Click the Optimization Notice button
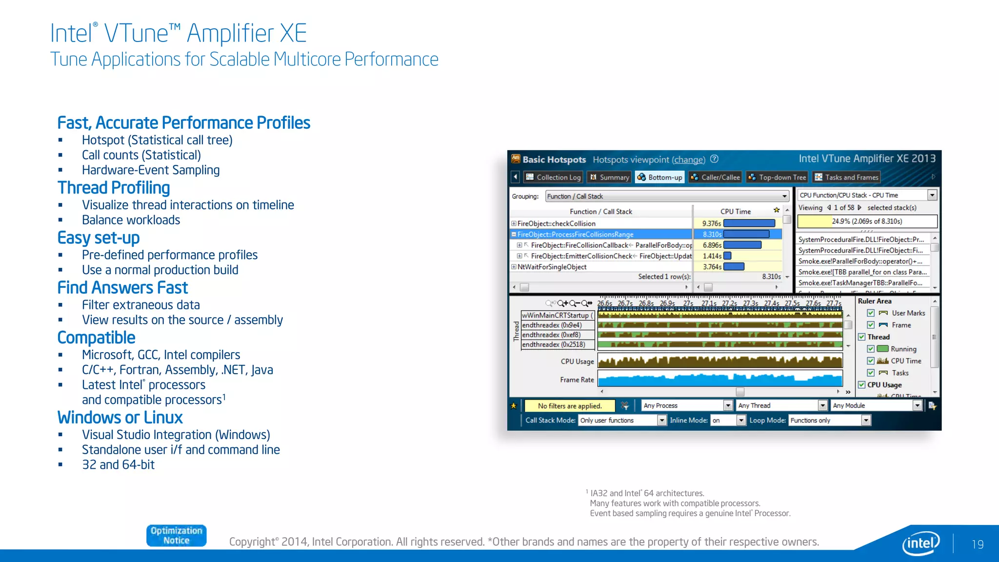click(x=176, y=536)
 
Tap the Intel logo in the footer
click(x=920, y=543)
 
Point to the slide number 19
click(x=977, y=544)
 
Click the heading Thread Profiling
click(x=114, y=188)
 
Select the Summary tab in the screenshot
click(x=609, y=177)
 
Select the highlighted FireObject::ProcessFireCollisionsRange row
click(x=575, y=234)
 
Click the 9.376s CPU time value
click(x=711, y=223)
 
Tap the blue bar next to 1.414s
click(x=727, y=256)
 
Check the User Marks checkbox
click(x=871, y=313)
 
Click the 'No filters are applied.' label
click(x=569, y=406)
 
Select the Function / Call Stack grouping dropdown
click(x=666, y=196)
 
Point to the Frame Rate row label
click(x=577, y=380)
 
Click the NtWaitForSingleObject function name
click(x=552, y=267)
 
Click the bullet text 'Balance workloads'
click(x=131, y=220)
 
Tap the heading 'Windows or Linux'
click(x=120, y=418)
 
